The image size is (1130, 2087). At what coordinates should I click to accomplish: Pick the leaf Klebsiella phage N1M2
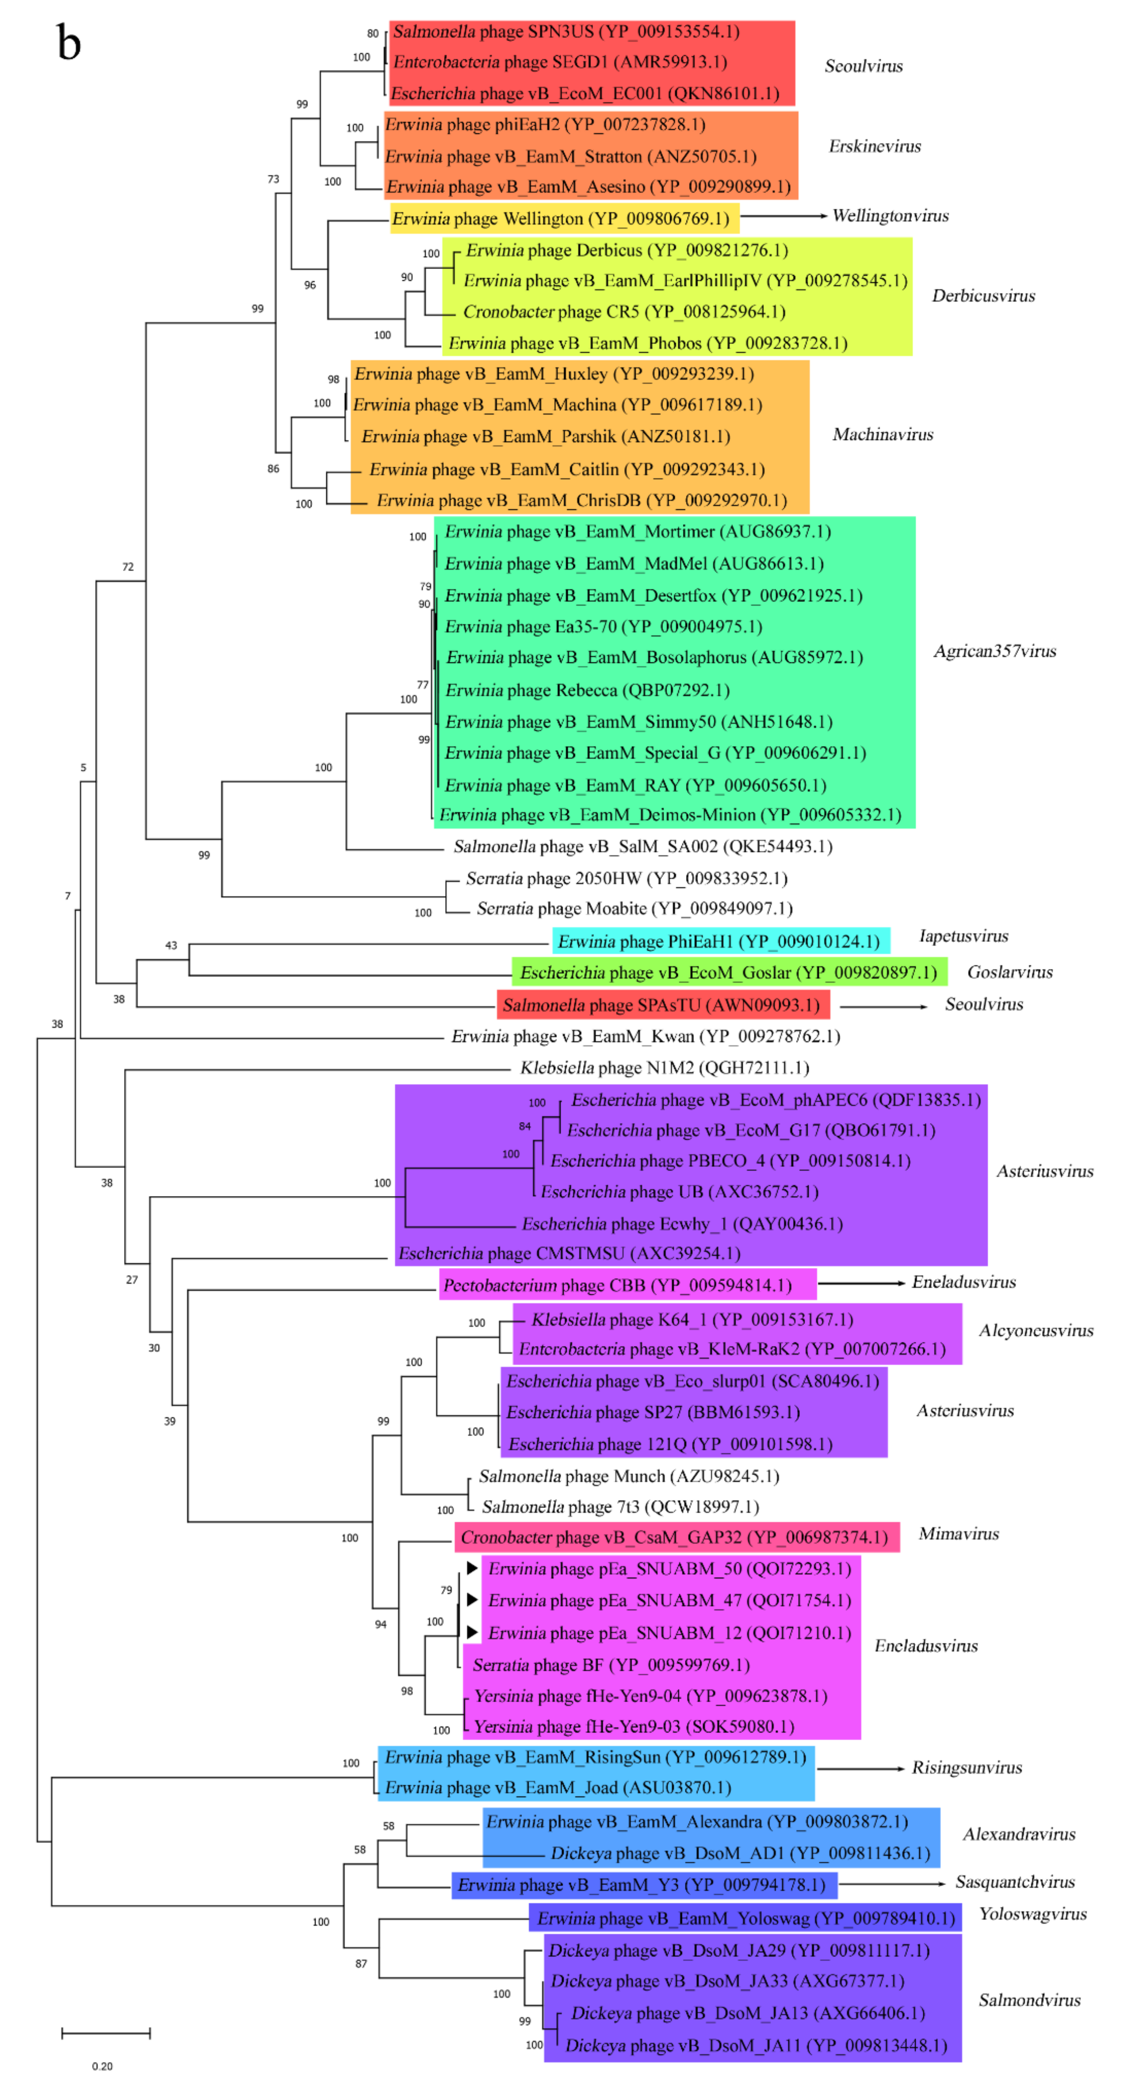[x=664, y=1068]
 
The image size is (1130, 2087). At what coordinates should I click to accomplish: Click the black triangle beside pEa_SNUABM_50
[x=472, y=1568]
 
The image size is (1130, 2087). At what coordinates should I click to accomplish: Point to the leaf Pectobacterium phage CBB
[x=617, y=1286]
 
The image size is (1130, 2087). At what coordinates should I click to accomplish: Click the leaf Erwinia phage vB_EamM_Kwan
[x=645, y=1036]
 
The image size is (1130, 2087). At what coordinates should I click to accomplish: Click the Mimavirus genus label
[x=958, y=1534]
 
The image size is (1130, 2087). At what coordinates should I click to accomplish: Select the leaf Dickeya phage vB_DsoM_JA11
[x=755, y=2046]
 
